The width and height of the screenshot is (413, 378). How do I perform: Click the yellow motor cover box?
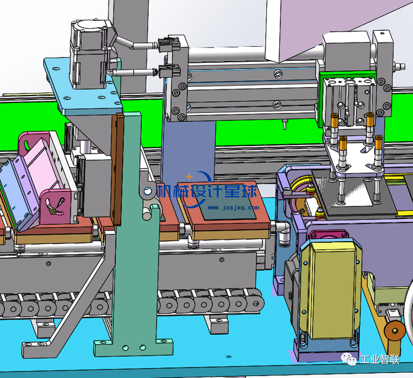[x=329, y=290]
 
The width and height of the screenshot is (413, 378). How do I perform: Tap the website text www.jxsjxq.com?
[x=234, y=208]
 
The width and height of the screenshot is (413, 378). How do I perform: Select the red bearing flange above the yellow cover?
[x=329, y=234]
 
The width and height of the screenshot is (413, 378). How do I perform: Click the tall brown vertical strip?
[x=117, y=169]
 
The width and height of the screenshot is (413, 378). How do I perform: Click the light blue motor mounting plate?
[x=83, y=87]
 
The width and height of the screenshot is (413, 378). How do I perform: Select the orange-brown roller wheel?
[x=395, y=331]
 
